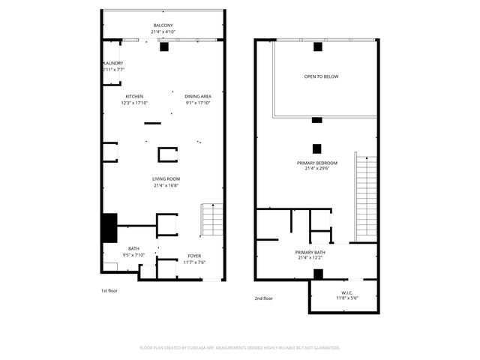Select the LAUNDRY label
[x=113, y=63]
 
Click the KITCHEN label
[x=134, y=96]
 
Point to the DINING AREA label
[x=198, y=96]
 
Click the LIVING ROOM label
[x=166, y=178]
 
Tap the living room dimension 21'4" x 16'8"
[x=166, y=185]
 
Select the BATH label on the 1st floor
[x=133, y=249]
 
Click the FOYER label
[x=194, y=256]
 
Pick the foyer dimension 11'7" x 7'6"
[x=194, y=262]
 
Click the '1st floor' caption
[x=109, y=290]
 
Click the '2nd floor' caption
[x=263, y=298]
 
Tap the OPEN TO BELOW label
[x=316, y=76]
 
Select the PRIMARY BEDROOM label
[x=316, y=163]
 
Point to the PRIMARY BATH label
[x=309, y=252]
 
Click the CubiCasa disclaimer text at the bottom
[x=240, y=347]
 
